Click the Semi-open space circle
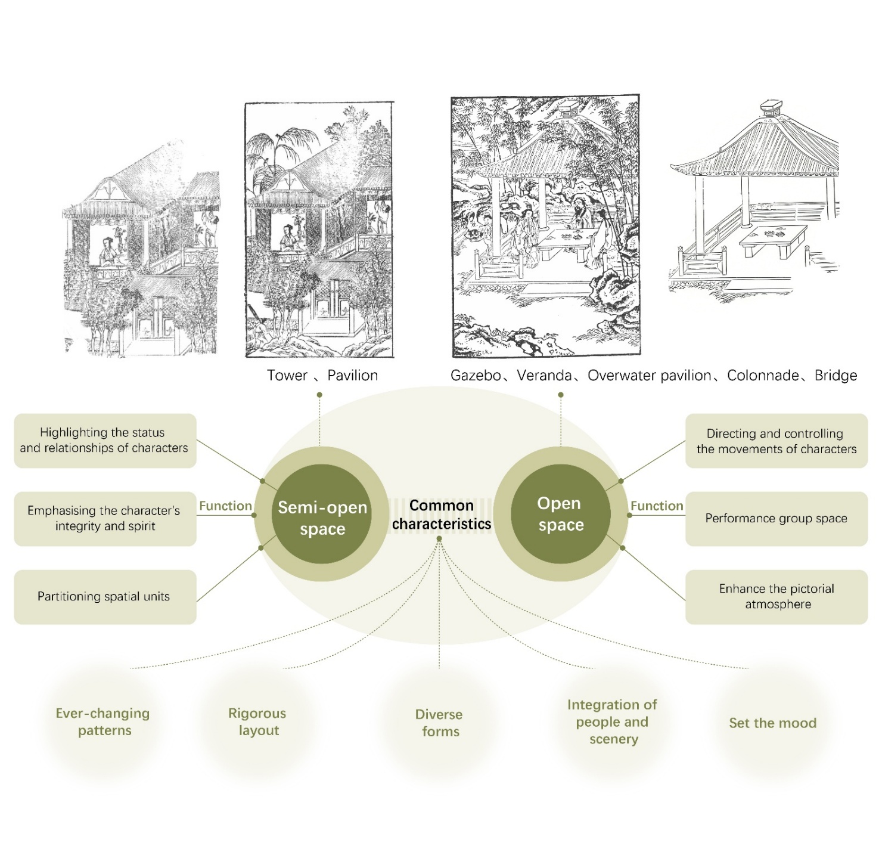(x=322, y=515)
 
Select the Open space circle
(x=560, y=514)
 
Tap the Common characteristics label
(x=441, y=515)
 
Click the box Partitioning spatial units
(x=105, y=597)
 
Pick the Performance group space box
(x=776, y=519)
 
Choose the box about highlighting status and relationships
(x=105, y=441)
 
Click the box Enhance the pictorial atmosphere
(x=776, y=597)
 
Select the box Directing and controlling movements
(x=776, y=441)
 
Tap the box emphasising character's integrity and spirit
(x=105, y=519)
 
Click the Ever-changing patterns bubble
(x=103, y=722)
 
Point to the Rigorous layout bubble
(x=257, y=722)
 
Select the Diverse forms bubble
(x=439, y=723)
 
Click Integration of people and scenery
(x=613, y=722)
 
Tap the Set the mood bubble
(x=772, y=723)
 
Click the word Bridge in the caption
(x=836, y=376)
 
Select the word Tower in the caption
(x=287, y=376)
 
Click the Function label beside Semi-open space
(x=225, y=506)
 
